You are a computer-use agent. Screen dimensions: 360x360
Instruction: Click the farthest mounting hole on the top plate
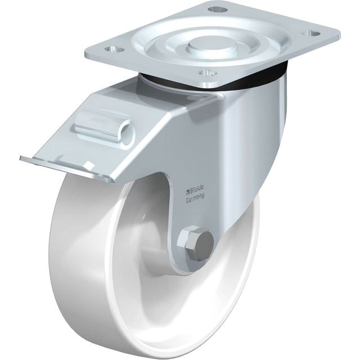214,10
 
